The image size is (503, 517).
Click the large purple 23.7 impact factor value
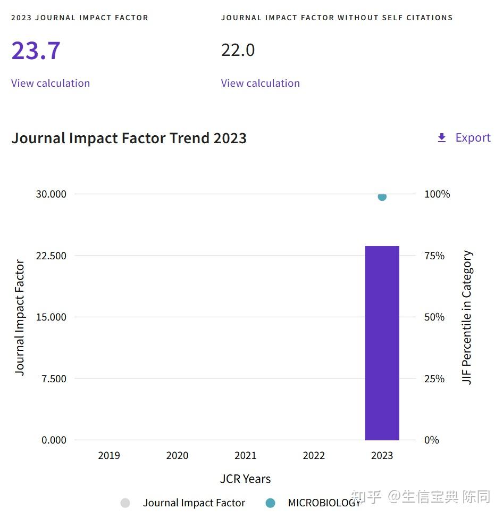(x=36, y=51)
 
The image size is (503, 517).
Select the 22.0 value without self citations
(x=238, y=51)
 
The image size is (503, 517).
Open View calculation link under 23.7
(x=51, y=83)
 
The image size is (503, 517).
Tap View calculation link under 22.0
(x=260, y=83)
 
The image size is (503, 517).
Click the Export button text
(x=473, y=138)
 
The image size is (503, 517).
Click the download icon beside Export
(x=441, y=138)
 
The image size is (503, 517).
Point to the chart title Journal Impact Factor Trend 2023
(x=129, y=138)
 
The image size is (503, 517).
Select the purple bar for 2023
(x=382, y=343)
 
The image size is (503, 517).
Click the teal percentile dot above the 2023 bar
(x=382, y=197)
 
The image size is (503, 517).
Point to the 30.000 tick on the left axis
(x=51, y=194)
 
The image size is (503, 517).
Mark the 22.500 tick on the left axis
(x=51, y=256)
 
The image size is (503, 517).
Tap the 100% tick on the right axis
(x=437, y=194)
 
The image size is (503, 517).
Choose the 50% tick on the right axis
(x=434, y=317)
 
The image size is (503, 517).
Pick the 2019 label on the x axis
(x=109, y=456)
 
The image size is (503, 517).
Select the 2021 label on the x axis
(x=245, y=456)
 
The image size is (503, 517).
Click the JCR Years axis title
(x=245, y=479)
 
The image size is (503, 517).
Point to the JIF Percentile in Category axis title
(x=467, y=317)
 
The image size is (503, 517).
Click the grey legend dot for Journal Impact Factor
(x=125, y=503)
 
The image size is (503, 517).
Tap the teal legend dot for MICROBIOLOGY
(x=270, y=503)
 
